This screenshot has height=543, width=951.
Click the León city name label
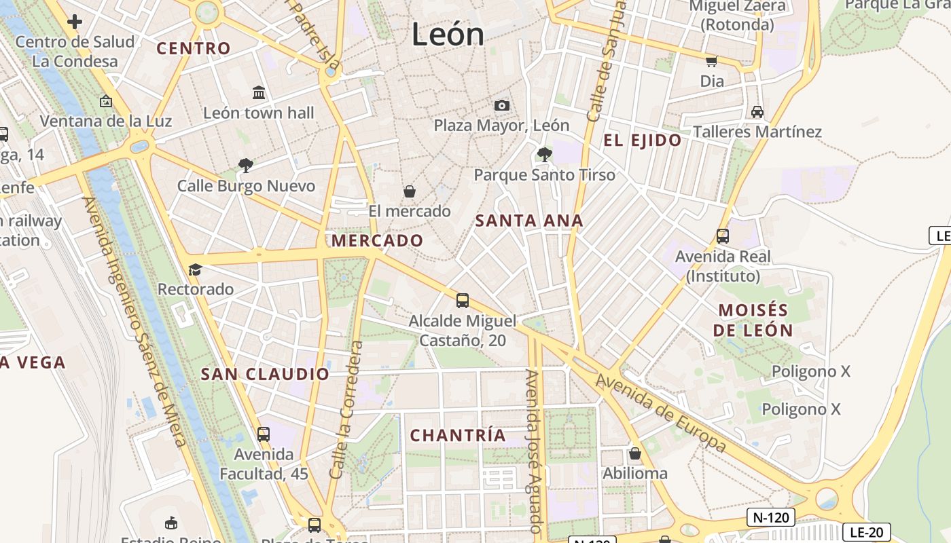click(x=448, y=35)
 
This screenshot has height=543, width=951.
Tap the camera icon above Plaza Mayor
click(x=502, y=105)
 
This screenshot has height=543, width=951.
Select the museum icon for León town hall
click(x=259, y=92)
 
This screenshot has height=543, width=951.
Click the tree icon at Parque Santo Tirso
click(x=544, y=155)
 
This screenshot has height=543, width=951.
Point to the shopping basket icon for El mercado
click(x=410, y=192)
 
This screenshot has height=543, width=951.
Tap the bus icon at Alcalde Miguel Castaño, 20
click(x=463, y=300)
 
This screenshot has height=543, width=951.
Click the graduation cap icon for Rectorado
click(x=196, y=270)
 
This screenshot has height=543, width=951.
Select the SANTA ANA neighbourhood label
click(x=529, y=221)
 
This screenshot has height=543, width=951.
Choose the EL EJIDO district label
click(x=643, y=141)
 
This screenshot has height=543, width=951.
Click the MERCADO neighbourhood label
click(x=377, y=240)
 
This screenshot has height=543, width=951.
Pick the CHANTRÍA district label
click(x=459, y=435)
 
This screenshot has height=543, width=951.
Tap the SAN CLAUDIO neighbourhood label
click(x=265, y=374)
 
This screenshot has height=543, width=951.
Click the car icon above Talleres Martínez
click(x=757, y=112)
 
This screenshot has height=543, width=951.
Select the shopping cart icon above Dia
click(x=711, y=62)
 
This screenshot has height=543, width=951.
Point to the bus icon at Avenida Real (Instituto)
click(x=722, y=236)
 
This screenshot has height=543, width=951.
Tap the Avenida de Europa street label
click(x=661, y=413)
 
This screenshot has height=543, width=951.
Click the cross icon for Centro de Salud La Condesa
click(x=75, y=22)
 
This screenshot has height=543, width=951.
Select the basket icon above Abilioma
click(x=635, y=453)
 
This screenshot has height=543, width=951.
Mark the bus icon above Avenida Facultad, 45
click(x=264, y=434)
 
